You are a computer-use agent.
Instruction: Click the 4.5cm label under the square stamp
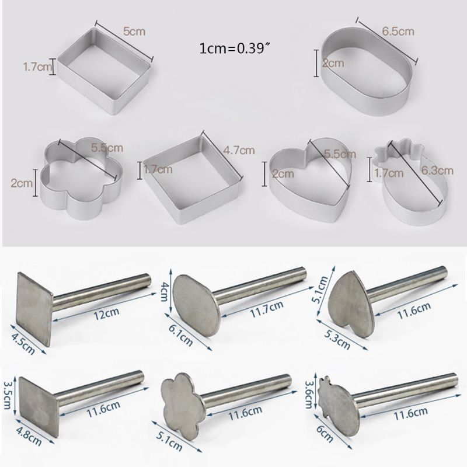click(20, 344)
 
